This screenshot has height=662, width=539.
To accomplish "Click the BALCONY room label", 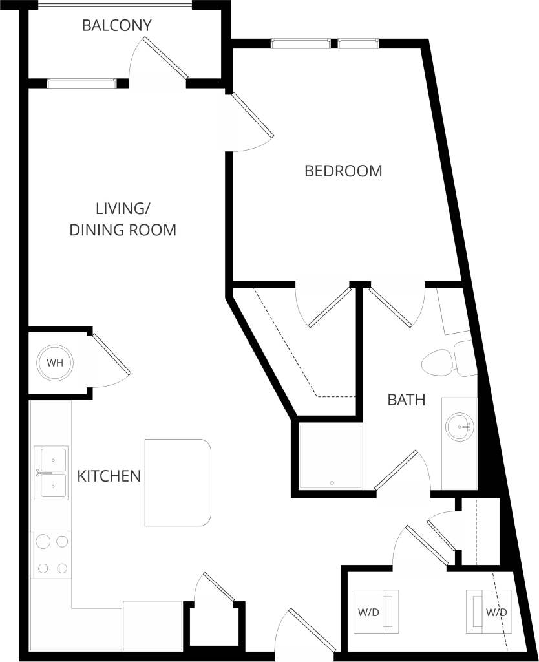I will [117, 26].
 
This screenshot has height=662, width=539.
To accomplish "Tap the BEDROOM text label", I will [343, 171].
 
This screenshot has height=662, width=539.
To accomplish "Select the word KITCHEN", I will [109, 476].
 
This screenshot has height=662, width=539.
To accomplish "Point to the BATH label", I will [406, 400].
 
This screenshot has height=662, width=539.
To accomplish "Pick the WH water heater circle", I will [55, 362].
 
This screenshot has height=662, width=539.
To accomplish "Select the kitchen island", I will [178, 482].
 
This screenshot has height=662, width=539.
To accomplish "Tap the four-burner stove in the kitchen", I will [52, 554].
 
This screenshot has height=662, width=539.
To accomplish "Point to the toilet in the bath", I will [446, 361].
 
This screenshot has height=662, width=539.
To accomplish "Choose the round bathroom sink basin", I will [460, 427].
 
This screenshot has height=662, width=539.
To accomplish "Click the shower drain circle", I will [332, 482].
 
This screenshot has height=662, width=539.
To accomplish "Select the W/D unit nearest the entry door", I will [375, 610].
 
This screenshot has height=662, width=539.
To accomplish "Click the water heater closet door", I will [111, 354].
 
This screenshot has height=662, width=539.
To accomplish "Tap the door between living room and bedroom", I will [252, 116].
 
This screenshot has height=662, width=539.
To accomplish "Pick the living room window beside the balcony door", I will [81, 83].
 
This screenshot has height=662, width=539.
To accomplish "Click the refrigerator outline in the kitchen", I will [153, 625].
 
